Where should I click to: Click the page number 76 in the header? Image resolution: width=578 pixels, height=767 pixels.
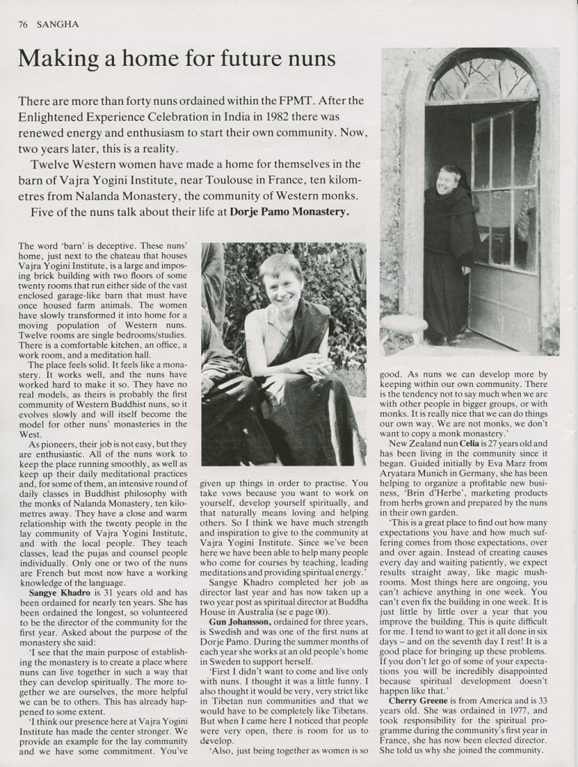point(22,24)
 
